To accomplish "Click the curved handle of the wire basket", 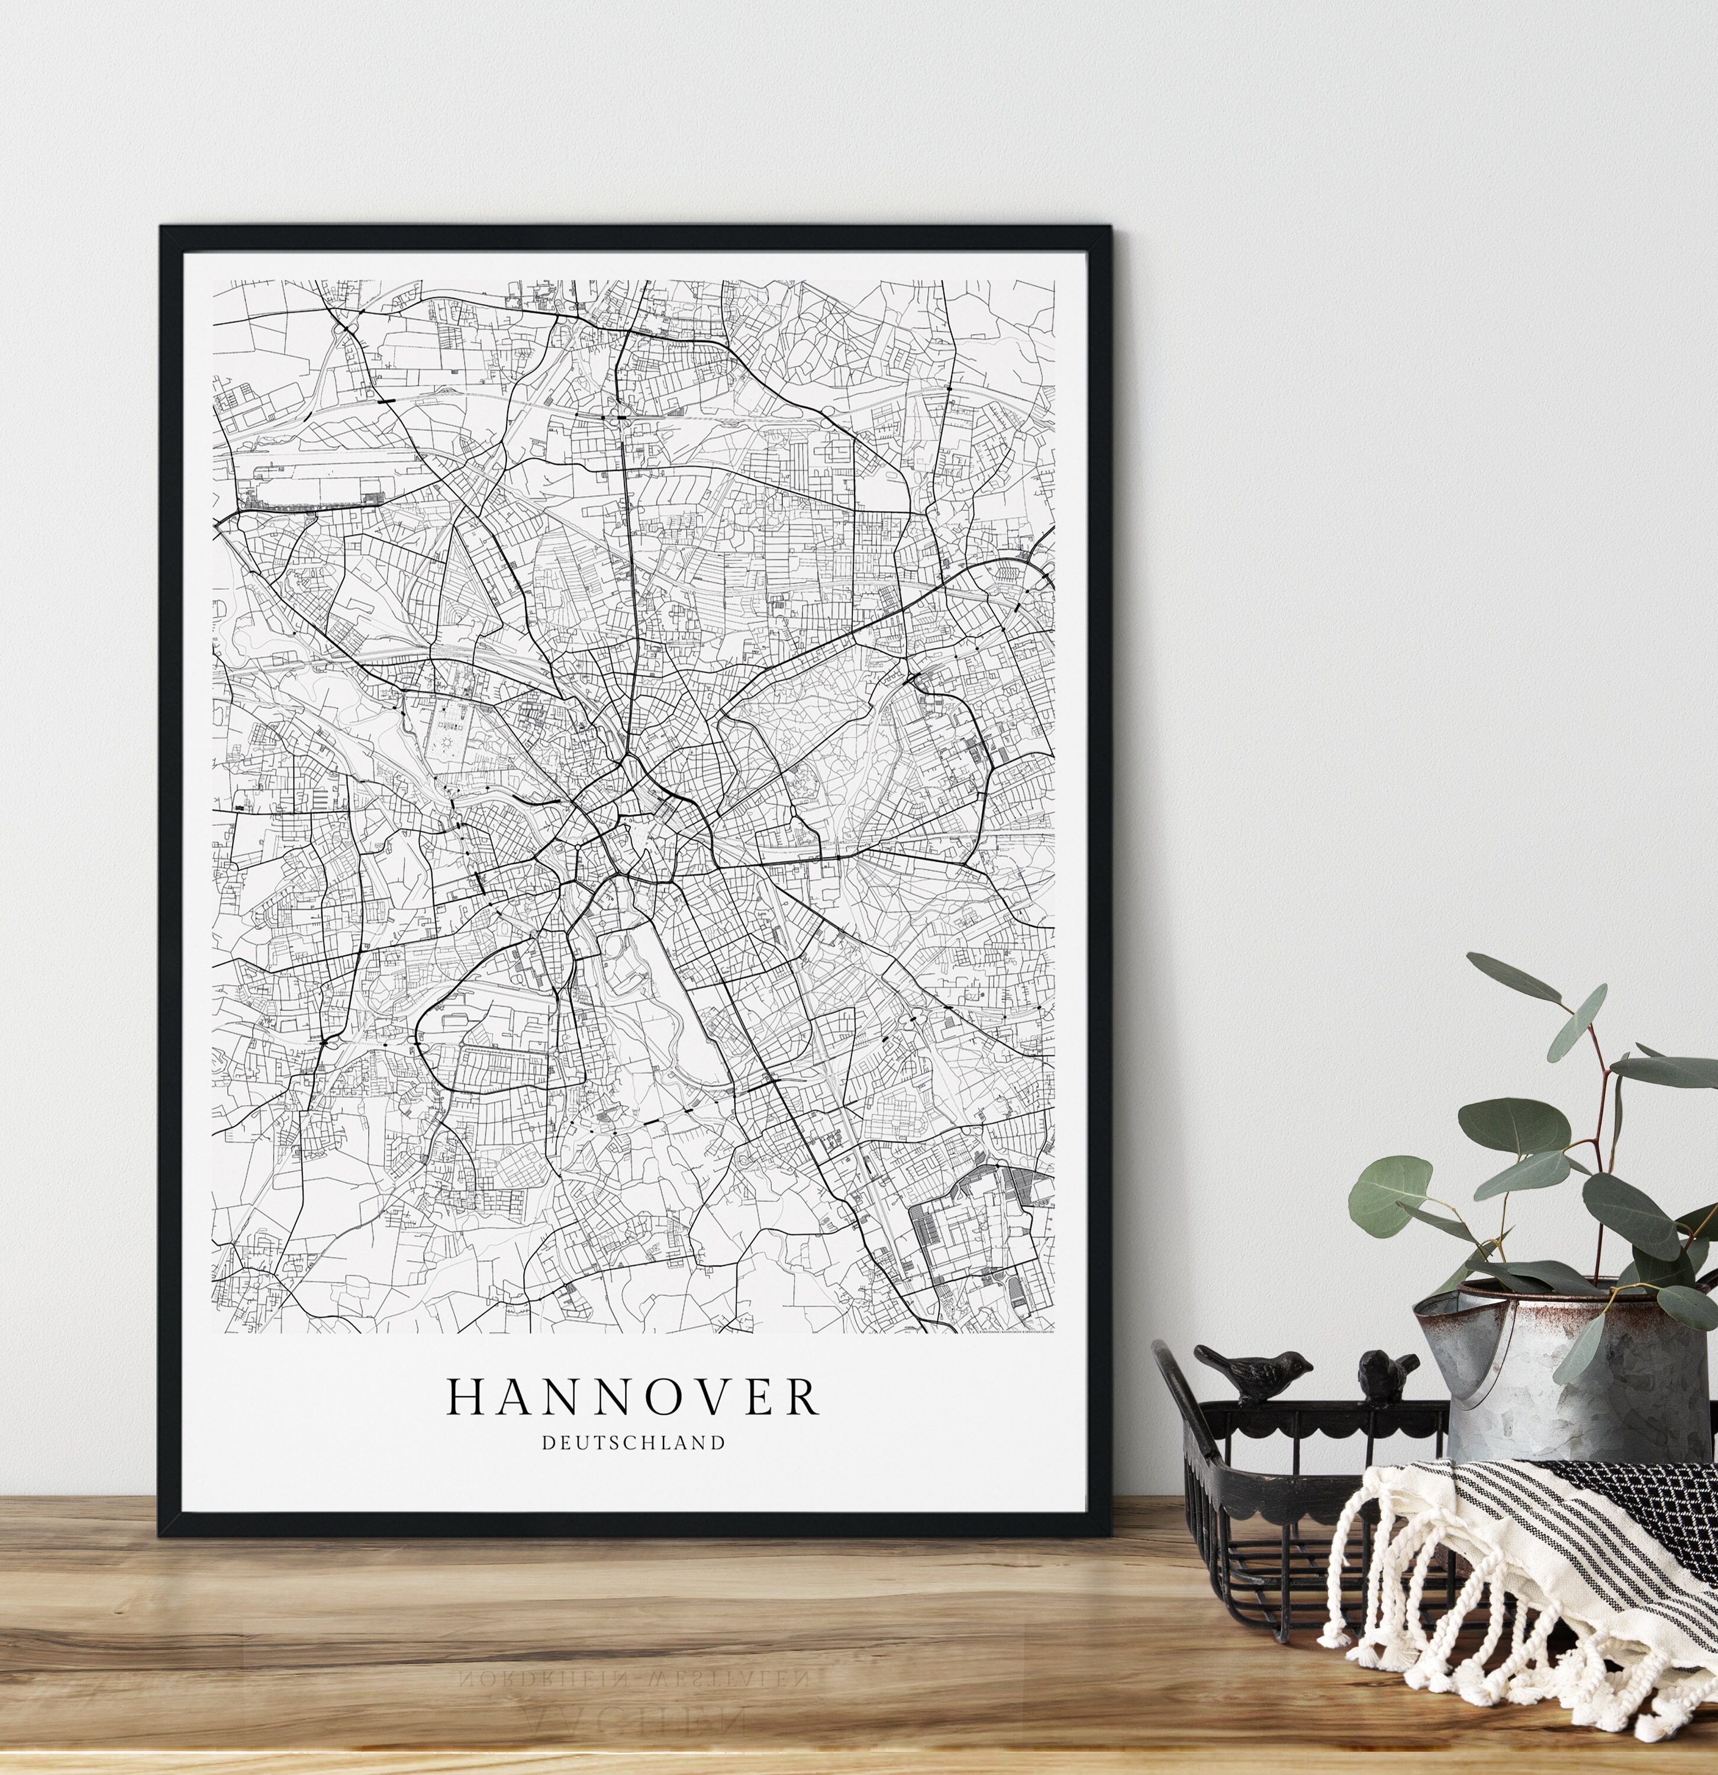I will [1175, 1395].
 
